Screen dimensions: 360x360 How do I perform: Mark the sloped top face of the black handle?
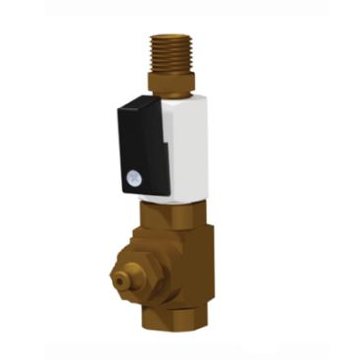coord(138,102)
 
